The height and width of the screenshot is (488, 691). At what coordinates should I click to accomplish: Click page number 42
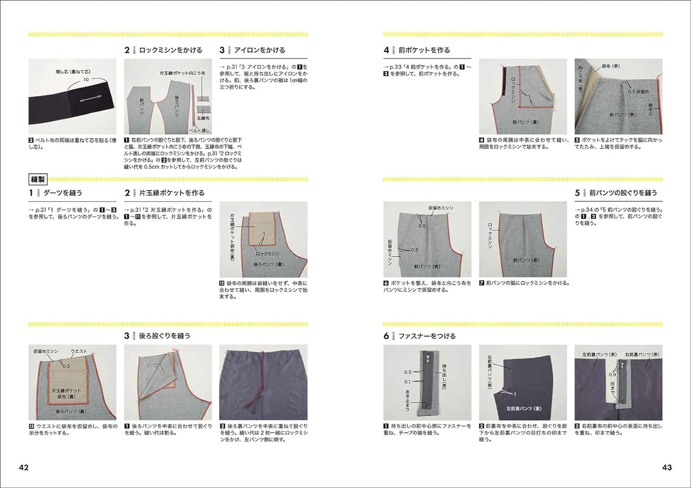pyautogui.click(x=24, y=467)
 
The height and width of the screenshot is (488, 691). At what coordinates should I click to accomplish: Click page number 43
pyautogui.click(x=666, y=467)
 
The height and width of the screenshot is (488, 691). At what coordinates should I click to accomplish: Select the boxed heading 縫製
pyautogui.click(x=38, y=179)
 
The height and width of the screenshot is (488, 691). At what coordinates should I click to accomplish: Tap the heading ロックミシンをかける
pyautogui.click(x=170, y=50)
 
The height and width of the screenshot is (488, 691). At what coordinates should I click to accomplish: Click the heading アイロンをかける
pyautogui.click(x=259, y=50)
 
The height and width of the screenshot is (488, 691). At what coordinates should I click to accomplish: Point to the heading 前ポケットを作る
pyautogui.click(x=424, y=50)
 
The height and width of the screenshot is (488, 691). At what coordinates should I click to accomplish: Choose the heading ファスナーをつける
pyautogui.click(x=427, y=336)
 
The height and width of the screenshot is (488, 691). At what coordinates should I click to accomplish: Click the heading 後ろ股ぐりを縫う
pyautogui.click(x=164, y=336)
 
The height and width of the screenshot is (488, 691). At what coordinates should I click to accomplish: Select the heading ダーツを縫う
pyautogui.click(x=62, y=193)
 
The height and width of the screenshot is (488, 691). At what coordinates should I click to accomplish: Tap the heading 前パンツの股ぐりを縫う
pyautogui.click(x=623, y=193)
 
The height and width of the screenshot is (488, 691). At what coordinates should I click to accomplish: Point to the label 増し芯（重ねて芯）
pyautogui.click(x=73, y=72)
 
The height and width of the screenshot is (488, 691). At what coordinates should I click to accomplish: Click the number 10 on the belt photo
pyautogui.click(x=86, y=79)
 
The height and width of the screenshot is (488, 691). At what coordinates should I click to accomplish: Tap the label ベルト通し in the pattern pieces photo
pyautogui.click(x=199, y=130)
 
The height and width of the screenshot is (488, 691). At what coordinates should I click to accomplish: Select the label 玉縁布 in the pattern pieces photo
pyautogui.click(x=203, y=118)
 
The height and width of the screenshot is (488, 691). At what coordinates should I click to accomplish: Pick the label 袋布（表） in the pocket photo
pyautogui.click(x=610, y=66)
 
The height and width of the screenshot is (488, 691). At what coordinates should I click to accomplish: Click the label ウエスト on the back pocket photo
pyautogui.click(x=79, y=351)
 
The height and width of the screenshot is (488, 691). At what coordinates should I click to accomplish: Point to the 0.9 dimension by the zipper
pyautogui.click(x=612, y=374)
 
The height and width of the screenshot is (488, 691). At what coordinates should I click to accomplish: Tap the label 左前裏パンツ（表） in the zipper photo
pyautogui.click(x=599, y=354)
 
